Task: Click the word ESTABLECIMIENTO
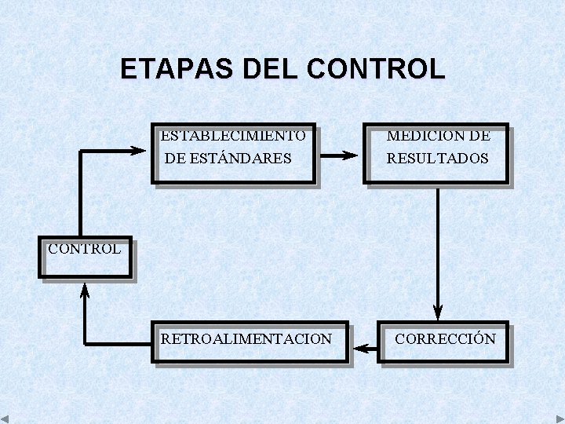pos(233,135)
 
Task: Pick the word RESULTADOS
pos(437,158)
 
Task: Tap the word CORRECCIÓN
pos(445,338)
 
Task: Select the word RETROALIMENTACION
pos(246,338)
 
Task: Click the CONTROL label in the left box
pos(84,250)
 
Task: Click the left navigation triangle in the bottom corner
pos(5,419)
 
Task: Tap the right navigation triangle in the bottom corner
pos(560,419)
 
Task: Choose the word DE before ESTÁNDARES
pos(176,158)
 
